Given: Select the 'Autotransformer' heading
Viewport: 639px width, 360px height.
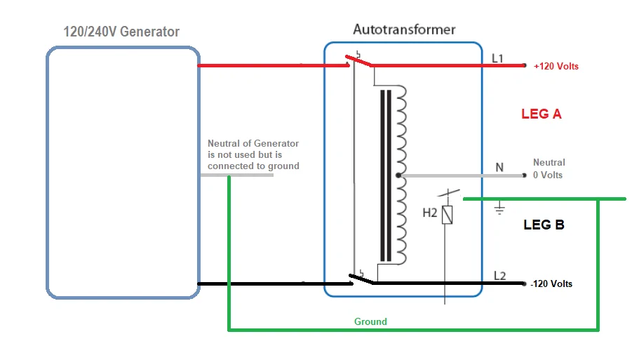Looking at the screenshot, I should [x=404, y=29].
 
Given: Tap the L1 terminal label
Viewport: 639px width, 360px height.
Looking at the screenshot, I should [x=497, y=58].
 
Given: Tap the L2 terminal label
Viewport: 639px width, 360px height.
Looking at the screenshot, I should [x=499, y=276].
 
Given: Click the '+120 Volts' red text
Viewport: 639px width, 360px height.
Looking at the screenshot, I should [x=556, y=67].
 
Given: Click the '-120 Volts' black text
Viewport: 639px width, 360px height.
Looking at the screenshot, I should [x=551, y=284].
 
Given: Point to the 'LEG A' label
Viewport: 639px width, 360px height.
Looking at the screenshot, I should [x=542, y=114].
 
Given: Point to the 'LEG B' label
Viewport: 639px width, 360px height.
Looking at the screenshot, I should [x=544, y=225].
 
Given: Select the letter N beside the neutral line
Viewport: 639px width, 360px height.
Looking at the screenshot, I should [x=499, y=168].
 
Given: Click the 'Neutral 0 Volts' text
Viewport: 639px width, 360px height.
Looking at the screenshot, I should [x=549, y=168].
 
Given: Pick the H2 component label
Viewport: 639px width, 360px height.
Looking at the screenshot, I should [x=431, y=213].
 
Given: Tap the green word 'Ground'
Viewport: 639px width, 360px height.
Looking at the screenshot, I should [x=370, y=321].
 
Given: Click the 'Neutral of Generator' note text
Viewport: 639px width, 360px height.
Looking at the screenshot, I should [x=253, y=154].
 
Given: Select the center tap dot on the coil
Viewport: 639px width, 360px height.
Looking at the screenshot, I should [x=398, y=175].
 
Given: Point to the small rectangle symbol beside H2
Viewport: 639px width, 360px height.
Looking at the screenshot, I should [x=447, y=215].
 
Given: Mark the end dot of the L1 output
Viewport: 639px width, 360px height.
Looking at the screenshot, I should [x=524, y=66].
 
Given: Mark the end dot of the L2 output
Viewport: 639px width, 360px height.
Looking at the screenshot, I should [x=524, y=284].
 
